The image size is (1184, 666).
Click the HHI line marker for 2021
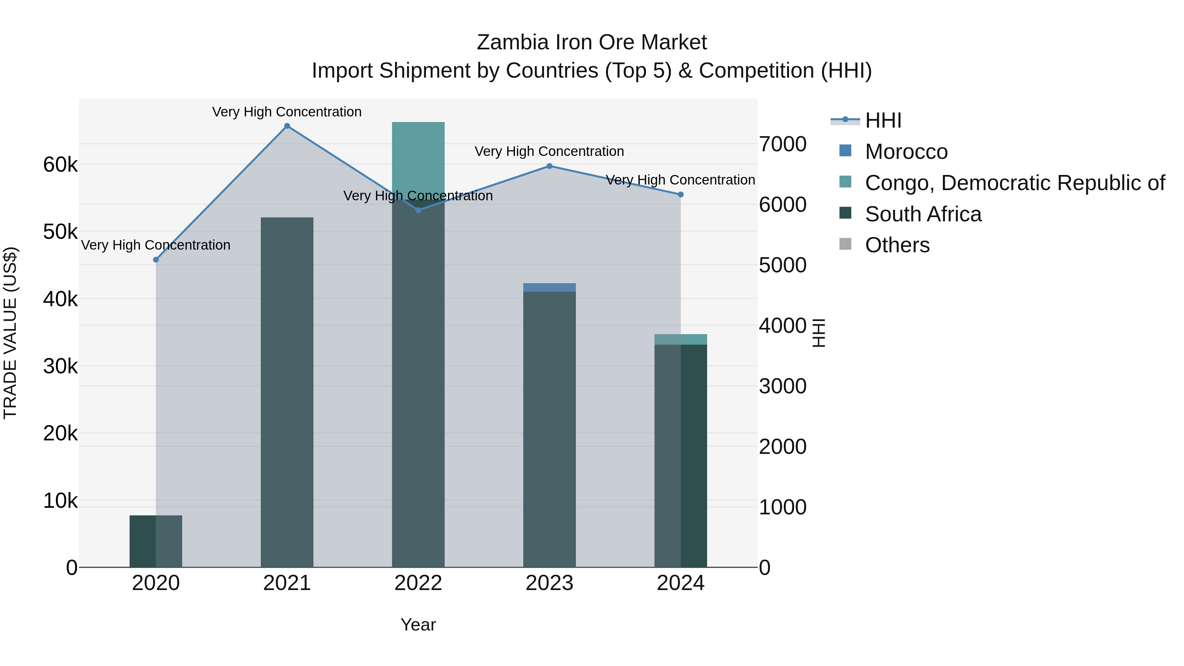(287, 126)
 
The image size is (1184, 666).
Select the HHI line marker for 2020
(156, 260)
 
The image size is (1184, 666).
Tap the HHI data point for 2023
(549, 166)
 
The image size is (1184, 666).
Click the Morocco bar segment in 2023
(549, 287)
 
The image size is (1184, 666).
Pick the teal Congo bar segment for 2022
(418, 156)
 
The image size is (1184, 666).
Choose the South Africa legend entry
(923, 214)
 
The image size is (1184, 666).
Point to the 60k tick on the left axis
(60, 164)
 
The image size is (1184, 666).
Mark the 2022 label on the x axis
(418, 583)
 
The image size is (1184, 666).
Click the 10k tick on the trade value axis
(60, 501)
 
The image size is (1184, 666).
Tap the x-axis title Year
(418, 625)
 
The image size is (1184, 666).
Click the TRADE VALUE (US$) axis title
(10, 333)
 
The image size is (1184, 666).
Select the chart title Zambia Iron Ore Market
(592, 42)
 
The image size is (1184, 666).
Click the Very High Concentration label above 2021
(287, 112)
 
